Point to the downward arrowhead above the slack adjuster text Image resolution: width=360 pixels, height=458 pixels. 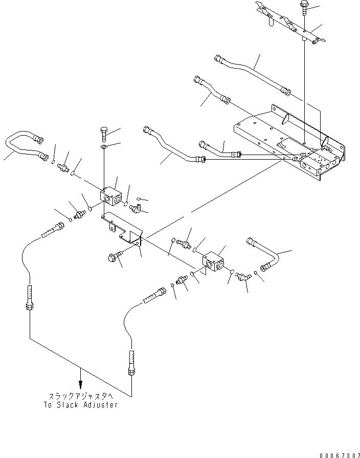point(80,386)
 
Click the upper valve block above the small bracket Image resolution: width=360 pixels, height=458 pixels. point(111,196)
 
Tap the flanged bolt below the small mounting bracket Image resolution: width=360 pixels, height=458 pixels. point(115,256)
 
